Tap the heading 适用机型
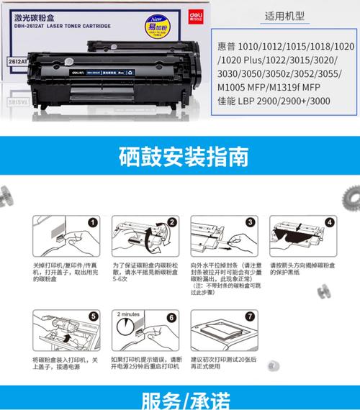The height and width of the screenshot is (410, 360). click(285, 14)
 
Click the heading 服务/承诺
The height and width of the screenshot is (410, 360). click(179, 398)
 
